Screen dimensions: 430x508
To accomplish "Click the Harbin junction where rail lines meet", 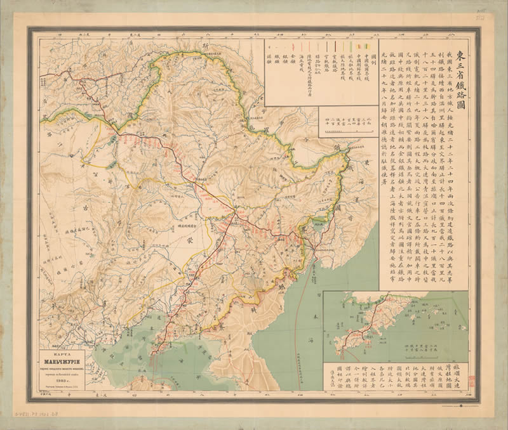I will pos(234,212).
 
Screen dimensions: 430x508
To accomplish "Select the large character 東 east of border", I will pos(366,162).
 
